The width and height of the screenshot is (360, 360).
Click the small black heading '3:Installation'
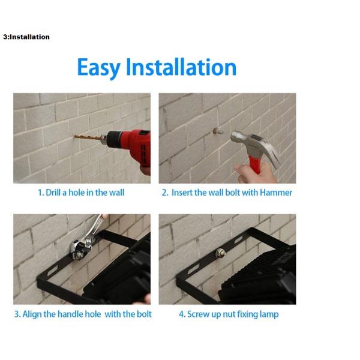point(26,37)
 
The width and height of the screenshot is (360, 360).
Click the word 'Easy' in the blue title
point(99,67)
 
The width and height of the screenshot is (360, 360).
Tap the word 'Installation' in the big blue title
point(181,67)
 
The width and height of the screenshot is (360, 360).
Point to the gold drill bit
point(88,138)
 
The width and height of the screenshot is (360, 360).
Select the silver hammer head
point(255,145)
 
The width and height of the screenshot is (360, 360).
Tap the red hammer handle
point(255,164)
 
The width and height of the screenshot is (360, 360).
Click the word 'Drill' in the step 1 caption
point(53,193)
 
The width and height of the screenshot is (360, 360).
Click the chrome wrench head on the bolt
point(81,250)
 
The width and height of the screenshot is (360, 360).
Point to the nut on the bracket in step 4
point(220,253)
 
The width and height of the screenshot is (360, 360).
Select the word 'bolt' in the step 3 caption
point(144,314)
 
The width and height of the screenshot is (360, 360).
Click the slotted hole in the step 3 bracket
point(52,271)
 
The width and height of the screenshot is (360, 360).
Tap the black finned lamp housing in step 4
point(259,275)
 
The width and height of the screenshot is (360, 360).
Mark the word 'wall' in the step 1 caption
point(116,193)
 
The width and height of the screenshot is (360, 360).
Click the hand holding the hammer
point(255,172)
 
